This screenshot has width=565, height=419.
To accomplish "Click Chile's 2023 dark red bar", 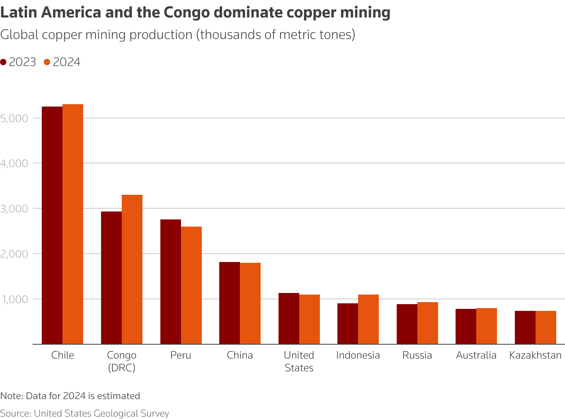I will click(x=52, y=225).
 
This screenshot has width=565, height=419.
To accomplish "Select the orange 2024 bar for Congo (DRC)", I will click(x=132, y=269).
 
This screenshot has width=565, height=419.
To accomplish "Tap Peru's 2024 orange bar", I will click(x=191, y=285).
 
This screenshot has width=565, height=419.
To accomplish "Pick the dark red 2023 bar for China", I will click(x=230, y=303).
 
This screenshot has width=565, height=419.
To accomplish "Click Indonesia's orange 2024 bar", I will click(x=368, y=319).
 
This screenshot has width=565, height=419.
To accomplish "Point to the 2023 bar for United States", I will click(x=289, y=318).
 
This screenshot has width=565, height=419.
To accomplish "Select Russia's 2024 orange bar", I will click(x=428, y=323).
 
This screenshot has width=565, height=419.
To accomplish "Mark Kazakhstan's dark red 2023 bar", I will click(x=525, y=327).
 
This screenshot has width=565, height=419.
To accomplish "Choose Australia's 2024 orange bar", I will click(x=487, y=326).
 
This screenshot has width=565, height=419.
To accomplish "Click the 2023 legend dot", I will click(x=4, y=62).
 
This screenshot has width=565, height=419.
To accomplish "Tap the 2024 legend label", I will click(x=66, y=62).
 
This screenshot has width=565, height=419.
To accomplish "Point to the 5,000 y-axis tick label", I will click(x=14, y=118).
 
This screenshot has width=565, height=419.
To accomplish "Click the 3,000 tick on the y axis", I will click(x=14, y=209).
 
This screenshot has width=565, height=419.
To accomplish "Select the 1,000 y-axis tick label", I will click(x=14, y=299).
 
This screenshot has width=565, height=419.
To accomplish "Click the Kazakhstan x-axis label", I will click(x=535, y=355).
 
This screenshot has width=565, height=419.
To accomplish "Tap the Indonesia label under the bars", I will click(x=358, y=355).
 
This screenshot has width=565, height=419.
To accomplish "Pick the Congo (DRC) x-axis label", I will click(x=122, y=361).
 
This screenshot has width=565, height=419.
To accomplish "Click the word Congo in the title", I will click(x=186, y=13).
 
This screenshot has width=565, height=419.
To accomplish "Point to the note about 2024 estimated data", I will click(x=70, y=396).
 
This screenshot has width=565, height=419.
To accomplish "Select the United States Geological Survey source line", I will click(x=84, y=413).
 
